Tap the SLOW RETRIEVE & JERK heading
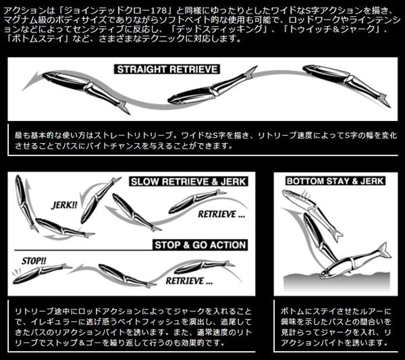click(x=188, y=182)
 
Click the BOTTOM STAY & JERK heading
click(x=335, y=181)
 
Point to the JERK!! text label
click(x=66, y=204)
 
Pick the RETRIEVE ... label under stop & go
click(x=189, y=278)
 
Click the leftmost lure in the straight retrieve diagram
click(x=85, y=88)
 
